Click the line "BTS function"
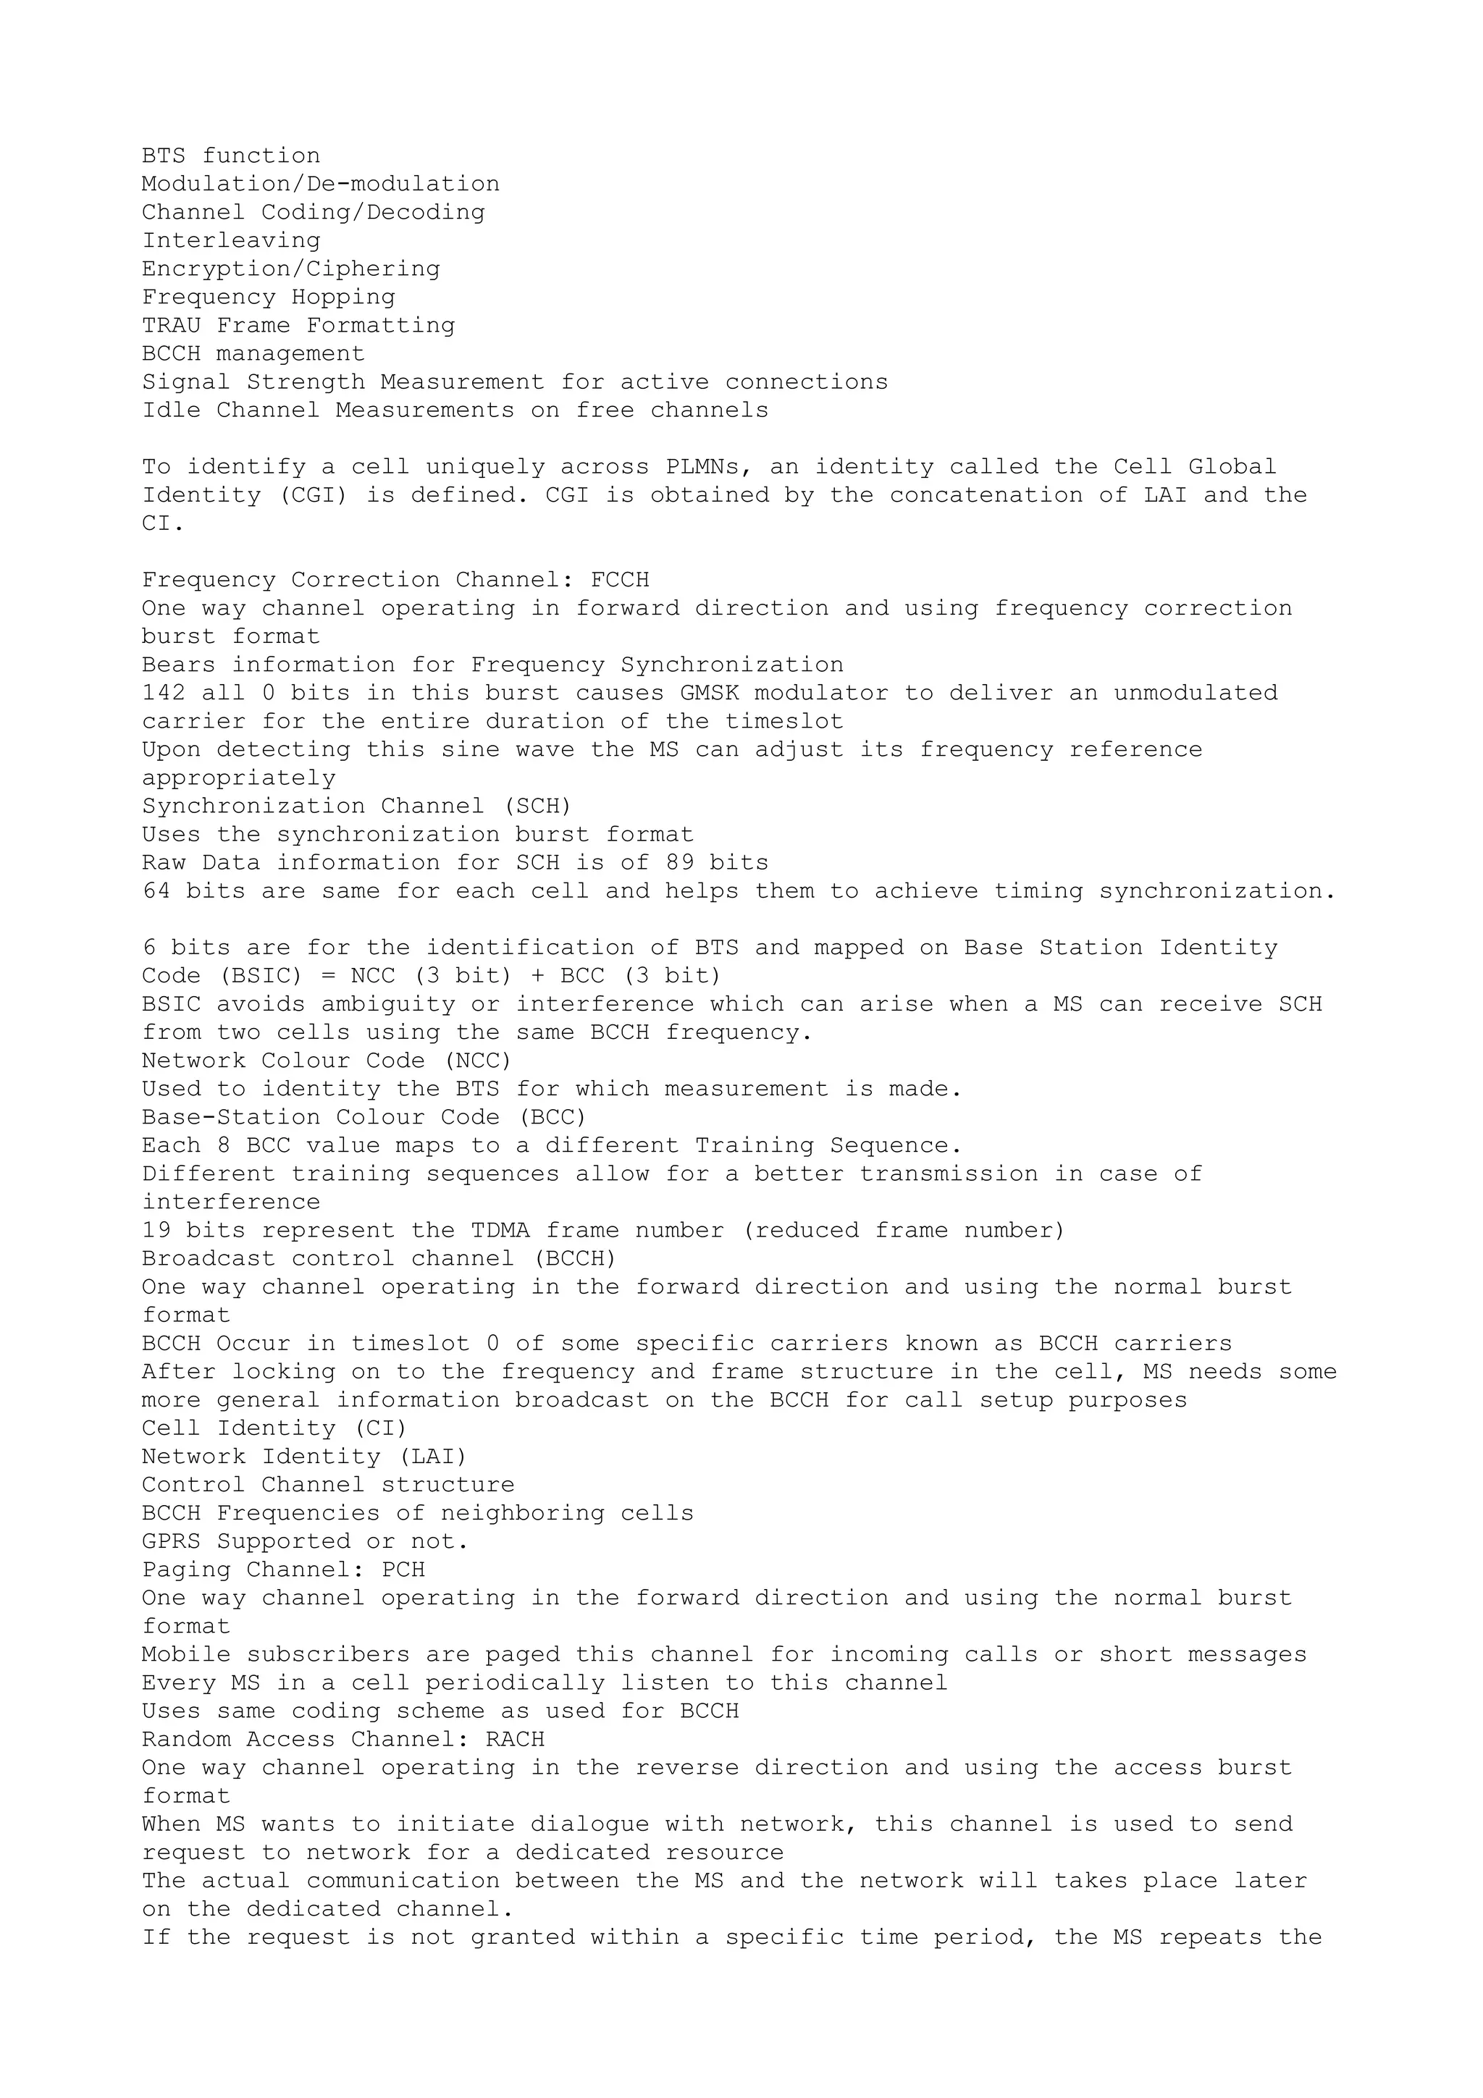tap(231, 156)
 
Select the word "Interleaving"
tap(231, 241)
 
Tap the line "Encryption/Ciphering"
tap(290, 269)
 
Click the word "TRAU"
tap(171, 327)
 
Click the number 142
tap(164, 694)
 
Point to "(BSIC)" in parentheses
tap(261, 976)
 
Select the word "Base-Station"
tap(231, 1118)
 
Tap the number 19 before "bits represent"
tap(156, 1231)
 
